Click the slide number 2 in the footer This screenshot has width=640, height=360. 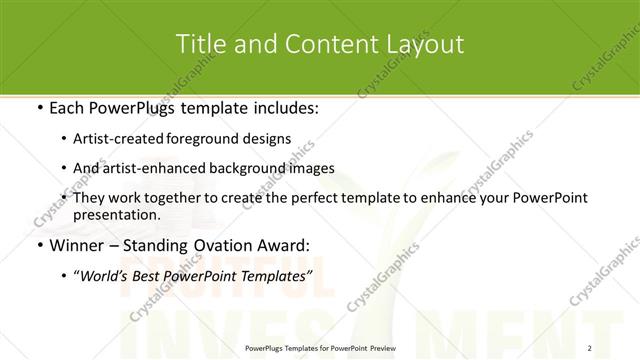click(590, 348)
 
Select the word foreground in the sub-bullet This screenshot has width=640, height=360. click(208, 140)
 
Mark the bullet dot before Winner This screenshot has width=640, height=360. click(39, 244)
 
